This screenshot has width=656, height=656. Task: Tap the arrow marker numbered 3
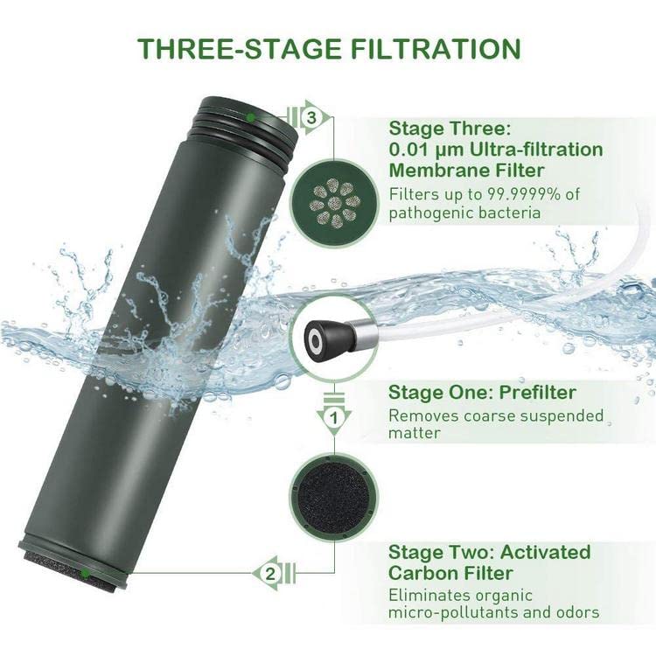coord(311,115)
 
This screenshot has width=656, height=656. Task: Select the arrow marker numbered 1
coord(332,419)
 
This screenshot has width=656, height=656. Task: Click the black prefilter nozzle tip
coord(315,336)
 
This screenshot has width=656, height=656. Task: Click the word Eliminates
coord(425,595)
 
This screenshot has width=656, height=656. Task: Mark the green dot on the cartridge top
coord(251,115)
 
